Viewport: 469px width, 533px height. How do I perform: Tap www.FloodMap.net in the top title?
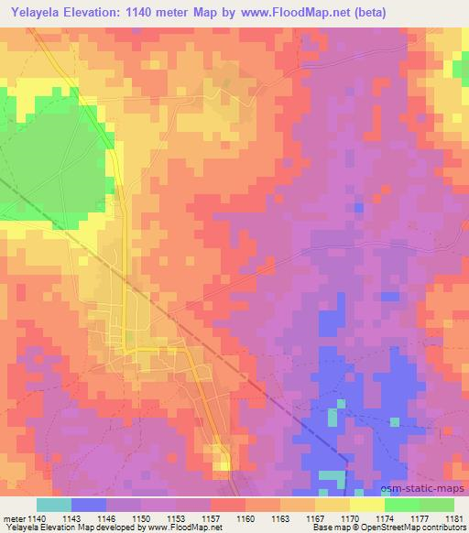click(294, 13)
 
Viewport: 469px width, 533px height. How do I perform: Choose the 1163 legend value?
click(281, 517)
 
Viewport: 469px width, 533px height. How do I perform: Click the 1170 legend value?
click(349, 517)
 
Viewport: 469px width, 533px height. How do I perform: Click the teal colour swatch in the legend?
click(54, 505)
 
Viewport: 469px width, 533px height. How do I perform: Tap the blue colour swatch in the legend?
click(89, 505)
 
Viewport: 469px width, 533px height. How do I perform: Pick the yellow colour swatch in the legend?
click(367, 505)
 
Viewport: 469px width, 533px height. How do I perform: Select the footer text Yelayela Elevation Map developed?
click(55, 528)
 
